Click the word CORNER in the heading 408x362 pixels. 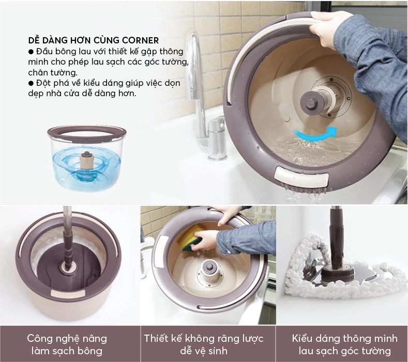[x=141, y=40]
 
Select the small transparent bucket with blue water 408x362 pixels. [x=87, y=158]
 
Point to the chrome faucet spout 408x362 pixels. [x=194, y=65]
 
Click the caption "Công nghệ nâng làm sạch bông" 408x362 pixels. [x=67, y=344]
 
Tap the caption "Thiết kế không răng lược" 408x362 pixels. [x=204, y=338]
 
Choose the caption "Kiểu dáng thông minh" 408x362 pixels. [x=345, y=338]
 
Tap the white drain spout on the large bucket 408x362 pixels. [x=302, y=178]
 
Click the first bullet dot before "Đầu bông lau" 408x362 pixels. [x=31, y=52]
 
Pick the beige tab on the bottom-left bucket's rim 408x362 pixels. [x=68, y=293]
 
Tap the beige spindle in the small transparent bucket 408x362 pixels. [x=86, y=161]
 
